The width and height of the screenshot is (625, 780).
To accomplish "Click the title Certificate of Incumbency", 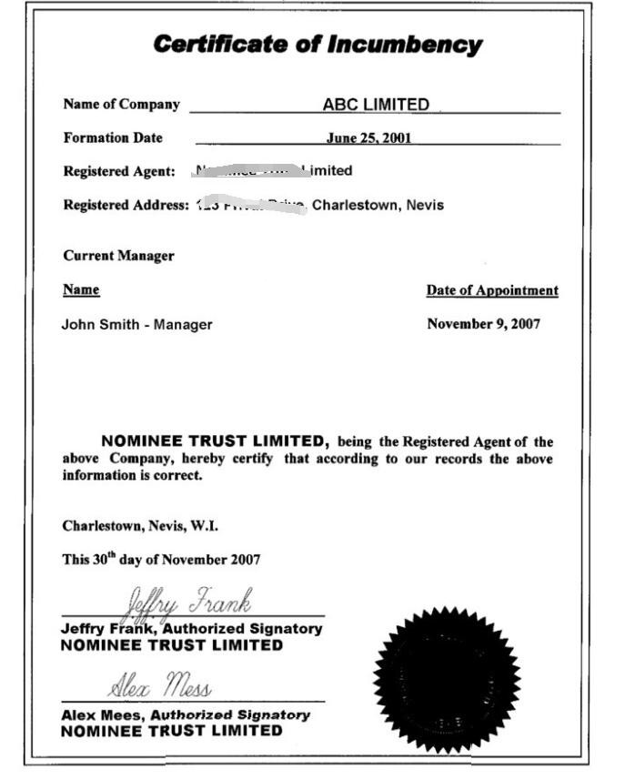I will (x=317, y=44).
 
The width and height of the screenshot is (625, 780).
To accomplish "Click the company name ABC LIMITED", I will (x=376, y=105).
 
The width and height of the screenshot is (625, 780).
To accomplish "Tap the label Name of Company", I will (x=121, y=105).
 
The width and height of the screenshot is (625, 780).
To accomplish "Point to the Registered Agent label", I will (x=119, y=171).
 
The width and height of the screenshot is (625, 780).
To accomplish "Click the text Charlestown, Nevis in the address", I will (x=378, y=205).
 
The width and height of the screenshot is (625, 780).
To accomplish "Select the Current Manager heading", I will (x=118, y=256).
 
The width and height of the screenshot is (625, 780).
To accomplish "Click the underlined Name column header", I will (x=81, y=290).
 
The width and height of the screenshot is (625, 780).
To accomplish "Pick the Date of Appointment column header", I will (x=492, y=291).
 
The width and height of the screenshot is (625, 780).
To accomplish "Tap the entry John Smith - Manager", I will (x=136, y=324).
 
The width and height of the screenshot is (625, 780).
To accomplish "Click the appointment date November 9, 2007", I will (x=483, y=324).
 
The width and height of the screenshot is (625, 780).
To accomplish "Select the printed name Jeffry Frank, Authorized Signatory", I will (x=191, y=629).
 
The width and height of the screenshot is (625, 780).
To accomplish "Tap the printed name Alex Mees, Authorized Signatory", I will (x=186, y=715).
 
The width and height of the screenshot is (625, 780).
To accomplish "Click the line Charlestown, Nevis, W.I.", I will (x=140, y=526).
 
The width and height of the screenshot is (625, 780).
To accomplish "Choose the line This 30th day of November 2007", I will (x=161, y=560).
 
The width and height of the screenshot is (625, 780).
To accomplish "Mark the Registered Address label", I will (x=126, y=205).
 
